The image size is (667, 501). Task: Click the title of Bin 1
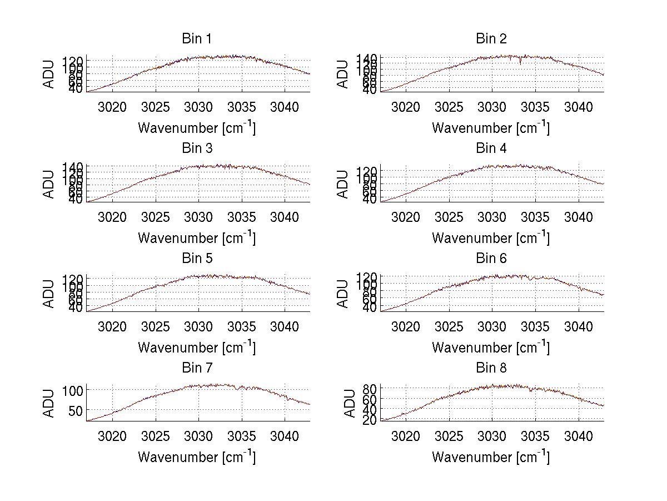196,39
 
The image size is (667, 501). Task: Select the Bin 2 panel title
491,39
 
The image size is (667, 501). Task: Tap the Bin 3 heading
196,148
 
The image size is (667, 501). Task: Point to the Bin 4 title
491,148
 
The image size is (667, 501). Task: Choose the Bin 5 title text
196,259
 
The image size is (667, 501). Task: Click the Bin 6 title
491,259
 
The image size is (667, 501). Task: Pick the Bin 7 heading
196,368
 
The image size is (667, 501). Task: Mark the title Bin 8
491,368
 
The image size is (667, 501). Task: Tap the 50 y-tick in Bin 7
76,410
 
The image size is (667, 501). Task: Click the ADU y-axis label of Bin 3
49,183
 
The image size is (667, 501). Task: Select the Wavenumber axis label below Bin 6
491,348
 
